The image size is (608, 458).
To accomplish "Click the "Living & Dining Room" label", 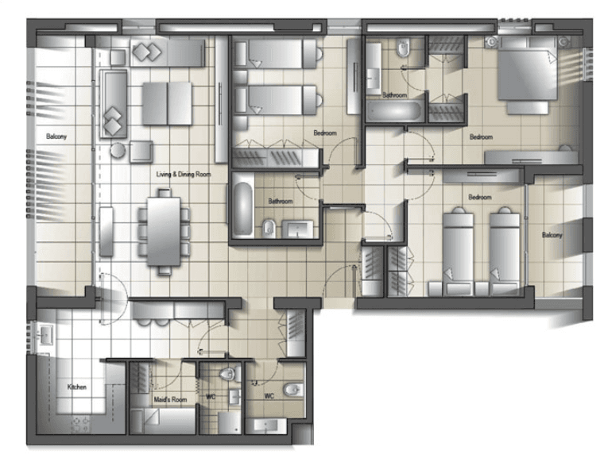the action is click(184, 174).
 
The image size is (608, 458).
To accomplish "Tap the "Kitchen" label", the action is click(77, 387).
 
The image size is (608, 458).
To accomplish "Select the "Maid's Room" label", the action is click(170, 399).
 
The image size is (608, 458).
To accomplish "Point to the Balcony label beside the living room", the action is click(56, 137).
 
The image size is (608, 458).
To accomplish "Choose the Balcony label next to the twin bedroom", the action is click(552, 235).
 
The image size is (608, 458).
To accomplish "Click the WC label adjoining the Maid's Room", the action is click(211, 397).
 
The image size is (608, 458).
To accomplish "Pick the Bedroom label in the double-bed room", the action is click(481, 137).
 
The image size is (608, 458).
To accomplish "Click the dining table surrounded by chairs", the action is click(164, 232).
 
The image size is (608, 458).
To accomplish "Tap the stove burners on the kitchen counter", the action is click(80, 425).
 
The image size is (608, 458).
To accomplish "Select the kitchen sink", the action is click(46, 333).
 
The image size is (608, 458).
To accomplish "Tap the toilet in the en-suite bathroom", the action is click(403, 48).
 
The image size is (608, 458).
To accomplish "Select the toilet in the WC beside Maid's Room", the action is click(229, 374).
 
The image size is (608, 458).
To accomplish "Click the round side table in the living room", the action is click(118, 150).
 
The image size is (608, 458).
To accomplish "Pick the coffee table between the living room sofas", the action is click(167, 103).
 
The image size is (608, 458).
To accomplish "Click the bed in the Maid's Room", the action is click(163, 421).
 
